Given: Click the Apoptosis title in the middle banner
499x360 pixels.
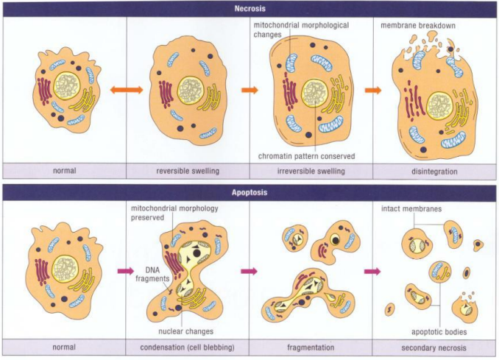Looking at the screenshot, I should point(249,192).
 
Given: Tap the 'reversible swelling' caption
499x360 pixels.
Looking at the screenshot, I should point(188,172).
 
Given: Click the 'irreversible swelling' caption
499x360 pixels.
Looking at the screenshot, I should point(311,172).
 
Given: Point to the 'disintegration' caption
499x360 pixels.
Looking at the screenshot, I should point(435,172).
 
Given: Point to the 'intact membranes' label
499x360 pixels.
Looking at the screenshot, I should point(411,209).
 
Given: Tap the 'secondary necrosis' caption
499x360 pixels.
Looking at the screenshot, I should point(435,347).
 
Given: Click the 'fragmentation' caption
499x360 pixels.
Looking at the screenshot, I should point(311,347).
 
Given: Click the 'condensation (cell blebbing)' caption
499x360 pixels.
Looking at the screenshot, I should point(188,347).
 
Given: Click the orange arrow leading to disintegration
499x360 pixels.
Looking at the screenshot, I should point(373,91).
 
